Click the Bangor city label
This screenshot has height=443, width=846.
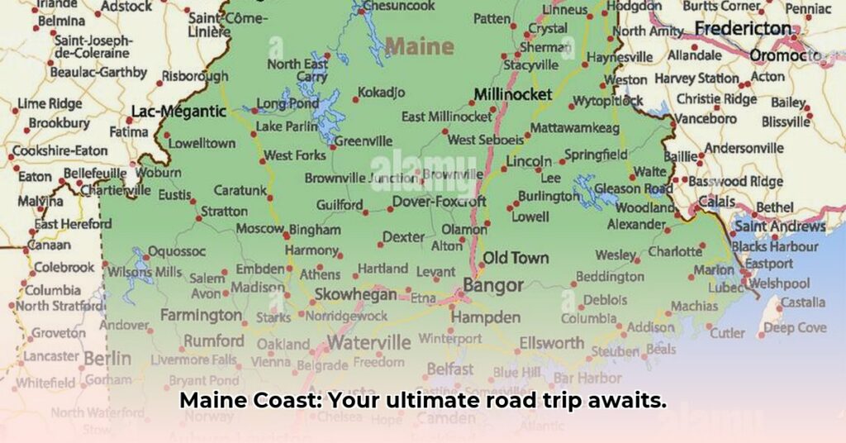[493, 286]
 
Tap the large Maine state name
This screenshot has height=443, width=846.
[419, 46]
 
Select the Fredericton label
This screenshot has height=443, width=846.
[743, 29]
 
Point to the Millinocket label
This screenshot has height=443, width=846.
[512, 95]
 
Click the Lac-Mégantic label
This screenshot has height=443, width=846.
[178, 111]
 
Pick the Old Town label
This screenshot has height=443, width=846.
[516, 258]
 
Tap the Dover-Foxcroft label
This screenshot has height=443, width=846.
[439, 201]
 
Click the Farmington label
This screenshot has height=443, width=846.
[201, 315]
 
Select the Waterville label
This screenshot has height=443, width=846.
[368, 342]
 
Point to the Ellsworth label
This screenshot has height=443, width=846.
[552, 342]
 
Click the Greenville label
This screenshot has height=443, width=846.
[363, 141]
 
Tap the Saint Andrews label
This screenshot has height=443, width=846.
[780, 226]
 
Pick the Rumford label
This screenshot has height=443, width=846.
[214, 341]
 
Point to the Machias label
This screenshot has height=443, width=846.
[694, 306]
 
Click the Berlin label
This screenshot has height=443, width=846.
[107, 358]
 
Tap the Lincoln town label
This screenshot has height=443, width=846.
[529, 161]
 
